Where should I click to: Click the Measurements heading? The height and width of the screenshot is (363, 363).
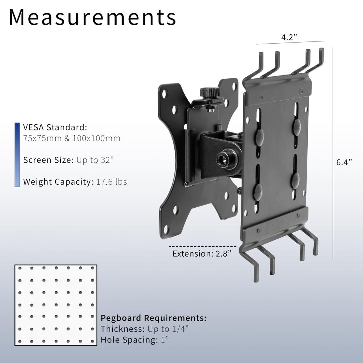[92, 17]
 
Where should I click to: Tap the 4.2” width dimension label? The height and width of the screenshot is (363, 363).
[289, 37]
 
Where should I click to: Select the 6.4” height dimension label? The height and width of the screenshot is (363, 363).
[344, 162]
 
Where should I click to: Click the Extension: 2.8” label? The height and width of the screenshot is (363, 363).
[202, 254]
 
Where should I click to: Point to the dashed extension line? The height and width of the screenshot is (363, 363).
[202, 246]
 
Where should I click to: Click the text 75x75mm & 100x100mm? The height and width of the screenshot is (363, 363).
[72, 139]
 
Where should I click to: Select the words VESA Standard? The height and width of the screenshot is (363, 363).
[55, 127]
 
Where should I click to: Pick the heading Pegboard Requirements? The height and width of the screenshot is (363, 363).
[153, 318]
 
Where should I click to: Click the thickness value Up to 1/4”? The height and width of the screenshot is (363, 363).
[168, 329]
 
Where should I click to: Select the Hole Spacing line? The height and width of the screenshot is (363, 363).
[135, 340]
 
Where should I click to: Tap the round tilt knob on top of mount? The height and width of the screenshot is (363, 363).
[210, 93]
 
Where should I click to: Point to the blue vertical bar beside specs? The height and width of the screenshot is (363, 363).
[17, 155]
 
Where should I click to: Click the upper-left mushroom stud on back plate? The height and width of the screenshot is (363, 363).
[259, 136]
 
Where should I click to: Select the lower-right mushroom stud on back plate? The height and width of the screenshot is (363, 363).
[295, 180]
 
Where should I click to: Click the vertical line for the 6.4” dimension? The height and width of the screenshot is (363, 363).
[333, 152]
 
